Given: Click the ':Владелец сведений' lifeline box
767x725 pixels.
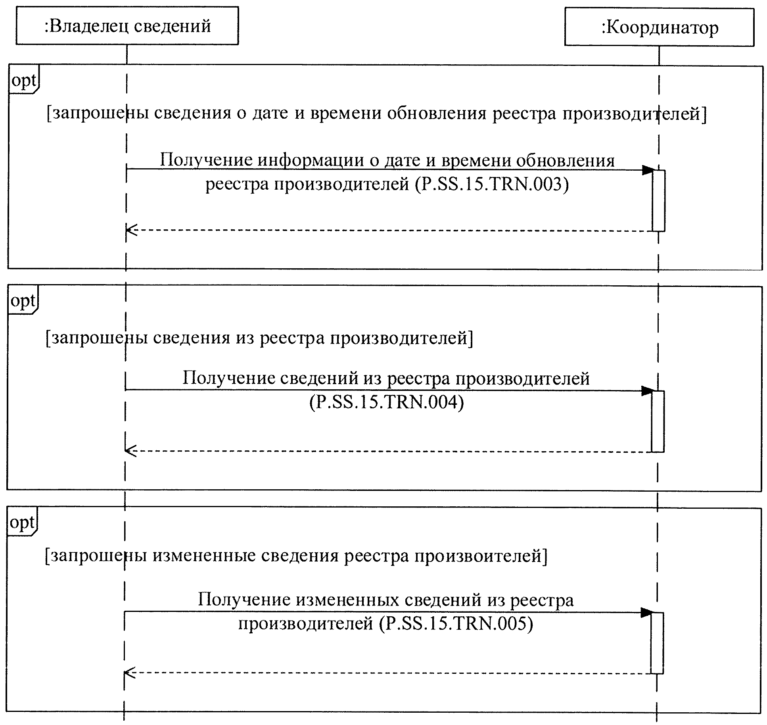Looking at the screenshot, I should coord(127,26).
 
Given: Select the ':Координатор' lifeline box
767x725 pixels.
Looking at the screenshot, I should coord(659,27).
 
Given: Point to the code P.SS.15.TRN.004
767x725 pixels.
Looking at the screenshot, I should coord(387,402).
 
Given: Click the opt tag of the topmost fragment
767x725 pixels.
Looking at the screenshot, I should coord(24,81).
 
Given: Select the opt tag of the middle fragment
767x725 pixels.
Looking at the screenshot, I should coord(23,301).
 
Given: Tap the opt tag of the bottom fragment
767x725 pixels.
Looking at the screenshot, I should coord(22,523).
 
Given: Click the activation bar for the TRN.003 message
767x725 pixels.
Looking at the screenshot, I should coord(659,200).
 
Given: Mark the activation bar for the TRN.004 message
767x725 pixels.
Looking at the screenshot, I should coord(658,421).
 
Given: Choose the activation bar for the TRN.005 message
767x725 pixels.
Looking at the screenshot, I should coord(657,642).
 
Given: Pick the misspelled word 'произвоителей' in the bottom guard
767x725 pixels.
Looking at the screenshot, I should coord(478,556).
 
